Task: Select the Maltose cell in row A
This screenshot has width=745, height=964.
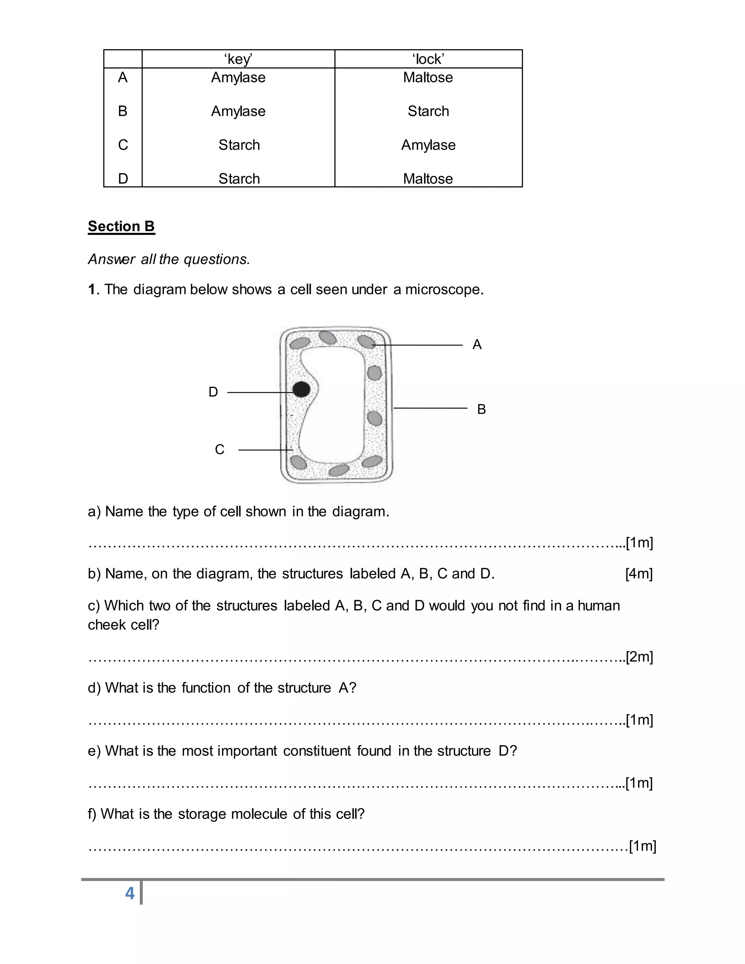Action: tap(428, 78)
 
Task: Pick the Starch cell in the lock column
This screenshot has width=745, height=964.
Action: tap(428, 111)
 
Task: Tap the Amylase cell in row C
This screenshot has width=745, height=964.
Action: tap(428, 145)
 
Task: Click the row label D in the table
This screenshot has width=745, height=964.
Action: tap(123, 179)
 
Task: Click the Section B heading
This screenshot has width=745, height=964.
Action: tap(121, 226)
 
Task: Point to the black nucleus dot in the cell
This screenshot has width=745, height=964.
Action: tap(302, 389)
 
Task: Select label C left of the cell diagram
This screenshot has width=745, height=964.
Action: tap(219, 450)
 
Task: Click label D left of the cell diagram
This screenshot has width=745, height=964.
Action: tap(213, 392)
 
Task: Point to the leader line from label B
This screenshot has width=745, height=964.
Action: tap(430, 408)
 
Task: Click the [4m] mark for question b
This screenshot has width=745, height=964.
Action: tap(639, 574)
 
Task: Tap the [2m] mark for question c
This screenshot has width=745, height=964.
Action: tap(639, 657)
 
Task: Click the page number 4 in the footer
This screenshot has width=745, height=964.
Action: tap(130, 893)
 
